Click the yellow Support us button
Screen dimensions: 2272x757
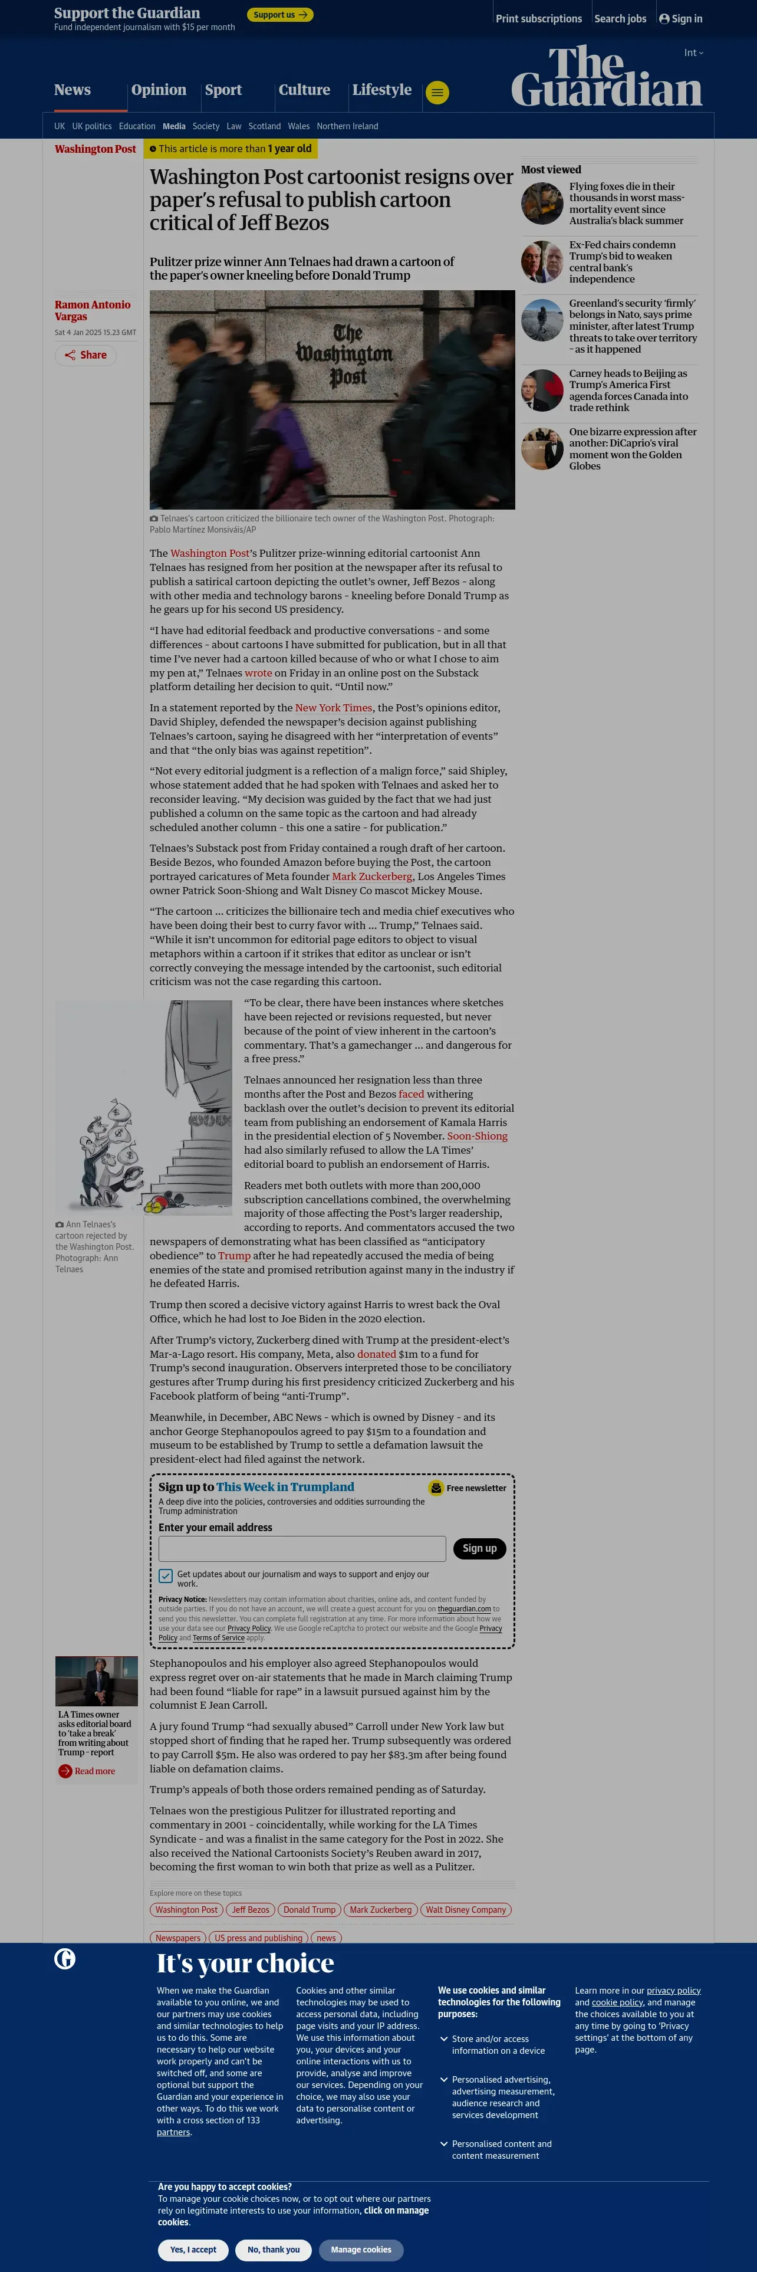click(279, 15)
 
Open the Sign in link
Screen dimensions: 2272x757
click(680, 18)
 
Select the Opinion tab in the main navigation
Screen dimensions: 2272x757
click(159, 90)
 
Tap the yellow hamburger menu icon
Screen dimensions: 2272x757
click(437, 93)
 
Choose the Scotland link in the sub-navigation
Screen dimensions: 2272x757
click(264, 126)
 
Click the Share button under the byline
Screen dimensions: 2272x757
click(85, 356)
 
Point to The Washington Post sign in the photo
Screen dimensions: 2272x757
click(344, 354)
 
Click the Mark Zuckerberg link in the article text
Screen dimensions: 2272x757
click(372, 876)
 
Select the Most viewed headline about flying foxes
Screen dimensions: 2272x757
click(626, 203)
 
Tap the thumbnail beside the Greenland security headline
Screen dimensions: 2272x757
click(542, 320)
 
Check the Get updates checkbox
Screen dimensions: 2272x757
click(166, 1576)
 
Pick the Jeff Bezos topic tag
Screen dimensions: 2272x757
click(251, 1909)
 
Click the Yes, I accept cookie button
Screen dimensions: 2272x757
click(193, 2250)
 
